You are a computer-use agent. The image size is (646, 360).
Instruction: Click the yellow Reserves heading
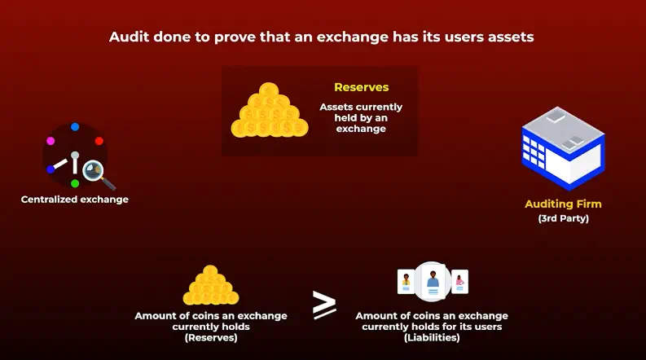pos(361,87)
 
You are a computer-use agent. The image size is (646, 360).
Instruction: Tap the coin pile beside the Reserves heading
pos(270,113)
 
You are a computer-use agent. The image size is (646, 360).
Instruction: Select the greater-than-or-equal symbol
pos(324,305)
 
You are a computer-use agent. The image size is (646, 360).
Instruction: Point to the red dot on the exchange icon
pos(99,141)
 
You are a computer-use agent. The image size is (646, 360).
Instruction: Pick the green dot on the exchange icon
pos(75,183)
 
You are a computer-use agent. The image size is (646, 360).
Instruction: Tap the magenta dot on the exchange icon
pos(51,141)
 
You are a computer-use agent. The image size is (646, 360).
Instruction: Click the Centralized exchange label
pos(75,199)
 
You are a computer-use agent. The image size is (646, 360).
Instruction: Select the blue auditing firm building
pos(563,151)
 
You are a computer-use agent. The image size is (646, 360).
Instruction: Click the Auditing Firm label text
pos(563,204)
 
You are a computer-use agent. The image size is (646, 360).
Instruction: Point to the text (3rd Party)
pos(563,219)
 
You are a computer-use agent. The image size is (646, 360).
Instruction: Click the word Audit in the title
pos(130,37)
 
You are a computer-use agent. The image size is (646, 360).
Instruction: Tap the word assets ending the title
pos(512,37)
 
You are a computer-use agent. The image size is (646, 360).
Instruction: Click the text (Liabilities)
pos(431,337)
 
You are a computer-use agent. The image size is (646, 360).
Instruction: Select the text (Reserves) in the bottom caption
pos(210,337)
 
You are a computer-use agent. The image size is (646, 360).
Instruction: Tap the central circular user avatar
pos(433,282)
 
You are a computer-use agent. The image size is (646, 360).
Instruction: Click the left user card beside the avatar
pos(405,282)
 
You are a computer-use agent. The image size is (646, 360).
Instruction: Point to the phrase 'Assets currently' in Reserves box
pos(361,107)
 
